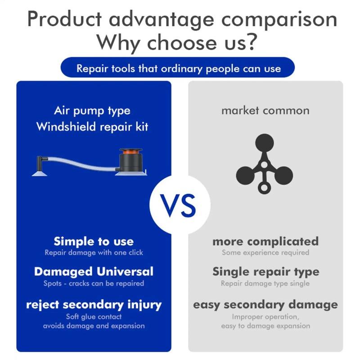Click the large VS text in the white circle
[178, 206]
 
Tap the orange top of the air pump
[131, 152]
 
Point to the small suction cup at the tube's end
[40, 172]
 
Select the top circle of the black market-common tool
[265, 143]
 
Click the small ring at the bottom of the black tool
[264, 188]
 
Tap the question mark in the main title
[252, 42]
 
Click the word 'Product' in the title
[64, 19]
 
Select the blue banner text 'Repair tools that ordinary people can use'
[179, 69]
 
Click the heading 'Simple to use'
[94, 242]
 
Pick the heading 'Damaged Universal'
[94, 272]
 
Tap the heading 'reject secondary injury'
[94, 305]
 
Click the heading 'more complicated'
[265, 242]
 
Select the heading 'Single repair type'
[266, 272]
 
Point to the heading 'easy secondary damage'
[265, 305]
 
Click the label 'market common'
[265, 111]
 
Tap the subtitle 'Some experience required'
[265, 252]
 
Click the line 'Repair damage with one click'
[94, 252]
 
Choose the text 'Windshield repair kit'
[92, 127]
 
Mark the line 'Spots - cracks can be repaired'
[94, 283]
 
